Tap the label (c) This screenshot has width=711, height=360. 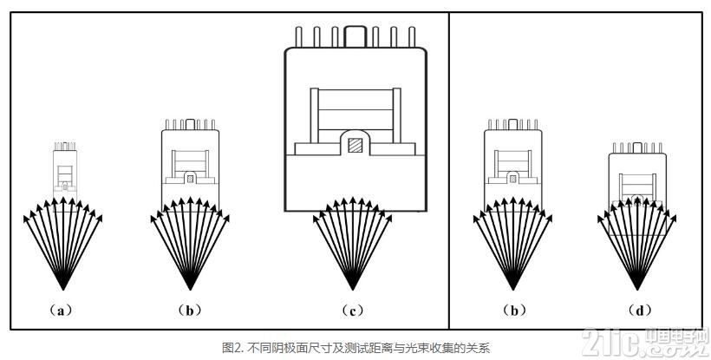(x=353, y=311)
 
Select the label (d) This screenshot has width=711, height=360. (x=640, y=311)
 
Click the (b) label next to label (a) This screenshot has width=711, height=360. (x=190, y=311)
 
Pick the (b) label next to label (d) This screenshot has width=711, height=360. (x=514, y=311)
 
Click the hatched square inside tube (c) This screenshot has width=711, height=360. (x=355, y=145)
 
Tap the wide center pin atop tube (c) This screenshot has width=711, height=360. (x=355, y=36)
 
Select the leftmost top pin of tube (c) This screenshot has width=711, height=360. (x=299, y=36)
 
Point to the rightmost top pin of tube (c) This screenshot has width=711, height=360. (x=412, y=36)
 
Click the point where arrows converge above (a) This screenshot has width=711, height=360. (x=63, y=289)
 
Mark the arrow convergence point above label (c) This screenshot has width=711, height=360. (x=353, y=289)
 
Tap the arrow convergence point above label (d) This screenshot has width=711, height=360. (x=637, y=289)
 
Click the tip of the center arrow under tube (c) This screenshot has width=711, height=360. (x=353, y=198)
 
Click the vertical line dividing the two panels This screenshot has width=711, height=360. (x=449, y=171)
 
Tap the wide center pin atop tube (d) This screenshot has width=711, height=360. (x=637, y=147)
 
